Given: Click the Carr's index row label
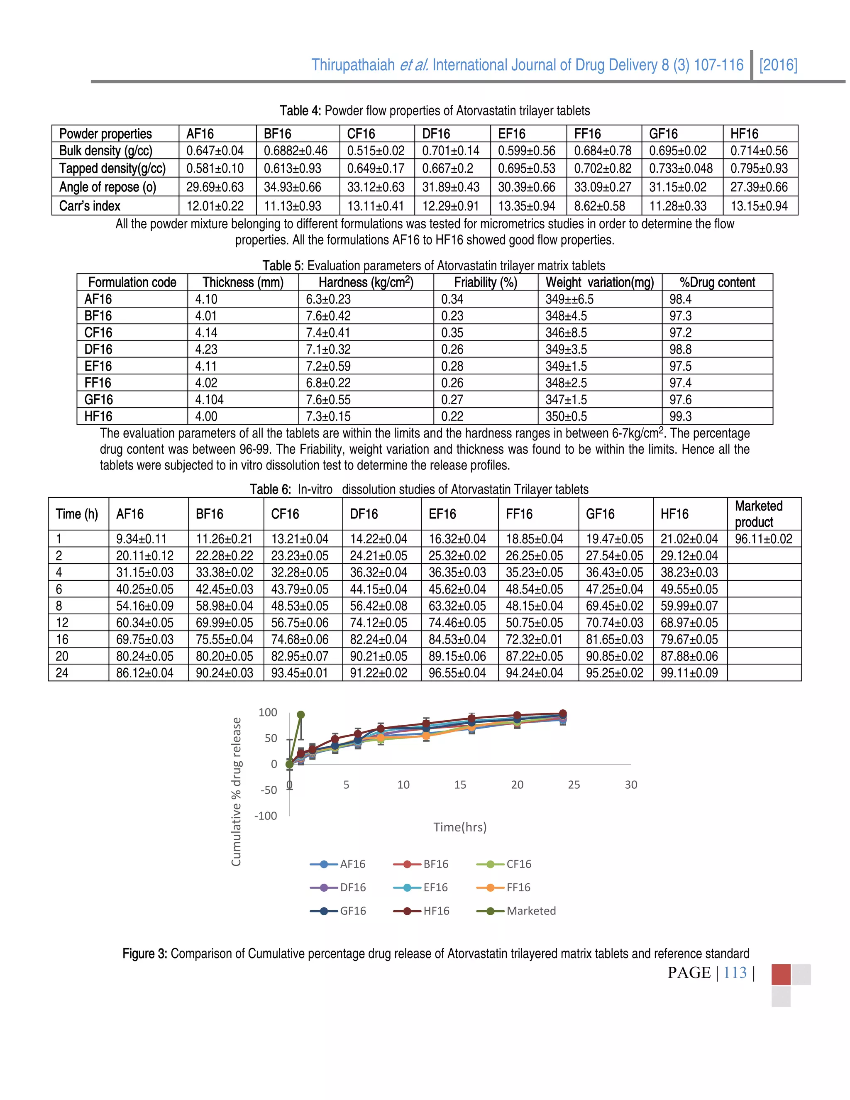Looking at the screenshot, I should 90,206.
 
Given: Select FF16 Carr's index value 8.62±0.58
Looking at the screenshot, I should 599,206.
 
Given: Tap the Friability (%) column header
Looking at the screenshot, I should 486,283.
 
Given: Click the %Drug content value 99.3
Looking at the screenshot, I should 680,416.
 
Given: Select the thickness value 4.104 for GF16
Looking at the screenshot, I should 210,400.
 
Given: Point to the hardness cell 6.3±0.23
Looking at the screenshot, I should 328,299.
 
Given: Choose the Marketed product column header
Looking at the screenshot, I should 758,514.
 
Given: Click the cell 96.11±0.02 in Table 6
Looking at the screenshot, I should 763,539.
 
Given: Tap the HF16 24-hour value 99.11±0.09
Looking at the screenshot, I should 689,673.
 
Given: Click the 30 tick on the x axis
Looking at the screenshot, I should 630,785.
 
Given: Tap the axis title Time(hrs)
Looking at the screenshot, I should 460,827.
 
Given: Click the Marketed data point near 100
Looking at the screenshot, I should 300,715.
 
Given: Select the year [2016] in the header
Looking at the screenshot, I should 778,65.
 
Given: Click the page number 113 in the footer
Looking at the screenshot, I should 735,973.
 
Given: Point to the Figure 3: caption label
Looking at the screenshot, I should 144,953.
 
